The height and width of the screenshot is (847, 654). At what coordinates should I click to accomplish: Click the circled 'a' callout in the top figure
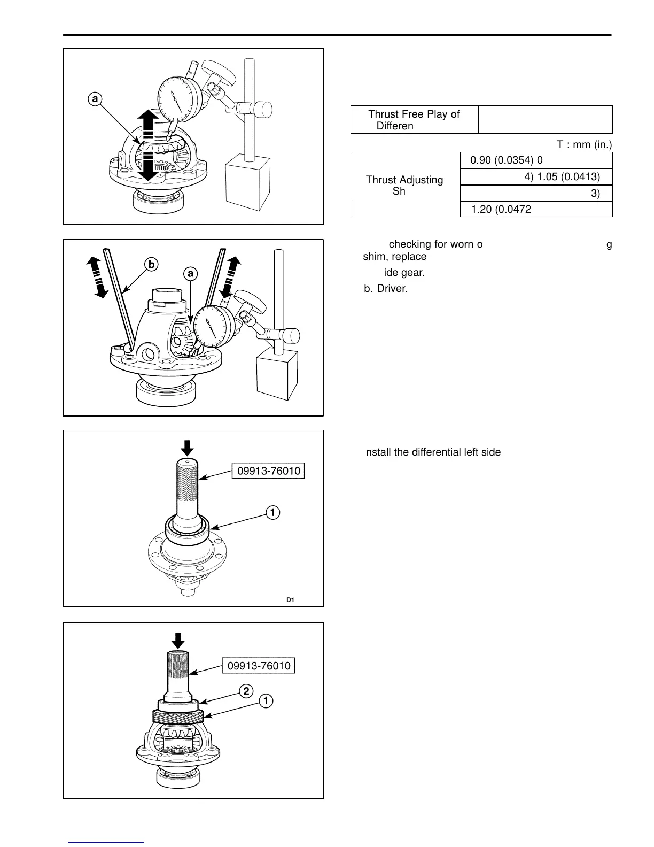95,99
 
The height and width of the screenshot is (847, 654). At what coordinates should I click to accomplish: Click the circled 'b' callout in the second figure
151,264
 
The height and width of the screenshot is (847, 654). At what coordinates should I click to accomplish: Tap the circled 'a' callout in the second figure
190,274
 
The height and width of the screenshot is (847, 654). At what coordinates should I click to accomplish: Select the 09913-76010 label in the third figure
268,471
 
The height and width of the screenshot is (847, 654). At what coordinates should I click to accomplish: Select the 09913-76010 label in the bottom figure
259,666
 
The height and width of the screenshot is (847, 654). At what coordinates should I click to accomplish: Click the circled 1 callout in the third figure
272,512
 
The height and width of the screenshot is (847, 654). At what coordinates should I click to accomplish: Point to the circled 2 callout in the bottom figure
246,691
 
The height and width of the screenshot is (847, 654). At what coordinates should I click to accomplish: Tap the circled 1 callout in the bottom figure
266,700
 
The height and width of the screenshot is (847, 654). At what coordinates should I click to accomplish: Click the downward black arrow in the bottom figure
178,640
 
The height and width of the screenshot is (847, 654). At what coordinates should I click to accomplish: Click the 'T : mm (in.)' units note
585,144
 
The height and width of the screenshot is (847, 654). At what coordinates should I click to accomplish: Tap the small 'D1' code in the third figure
290,600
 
